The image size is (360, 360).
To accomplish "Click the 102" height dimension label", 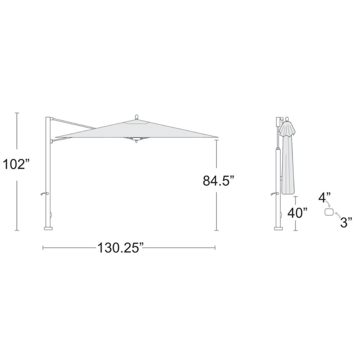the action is tap(16, 165).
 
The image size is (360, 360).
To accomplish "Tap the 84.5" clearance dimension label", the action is tap(219, 180).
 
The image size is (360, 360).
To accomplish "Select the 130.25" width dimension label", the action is tap(121, 248).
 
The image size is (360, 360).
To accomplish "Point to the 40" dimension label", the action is tap(298, 213).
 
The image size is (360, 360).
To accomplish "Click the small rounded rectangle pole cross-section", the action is tap(329, 212).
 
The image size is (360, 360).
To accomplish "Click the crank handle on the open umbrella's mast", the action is tap(45, 194).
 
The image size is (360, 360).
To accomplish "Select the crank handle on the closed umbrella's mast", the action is tap(275, 194).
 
